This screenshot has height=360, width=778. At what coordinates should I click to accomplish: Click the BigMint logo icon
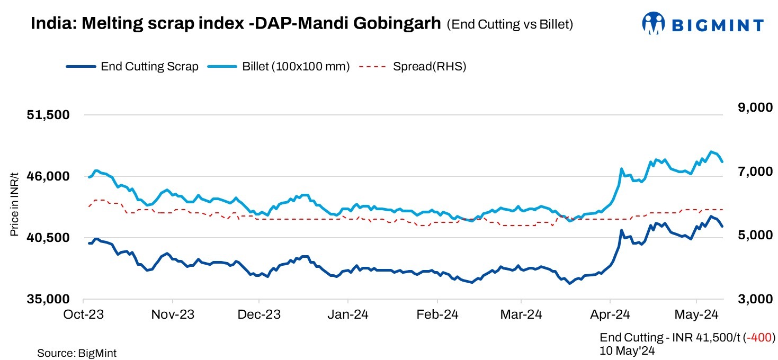click(x=654, y=23)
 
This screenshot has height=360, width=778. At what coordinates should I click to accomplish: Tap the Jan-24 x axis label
click(x=347, y=314)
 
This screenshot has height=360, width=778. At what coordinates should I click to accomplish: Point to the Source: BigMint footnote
click(x=77, y=353)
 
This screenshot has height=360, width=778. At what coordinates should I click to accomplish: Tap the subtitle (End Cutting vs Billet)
click(x=509, y=24)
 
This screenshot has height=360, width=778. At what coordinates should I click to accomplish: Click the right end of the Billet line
click(x=722, y=161)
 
